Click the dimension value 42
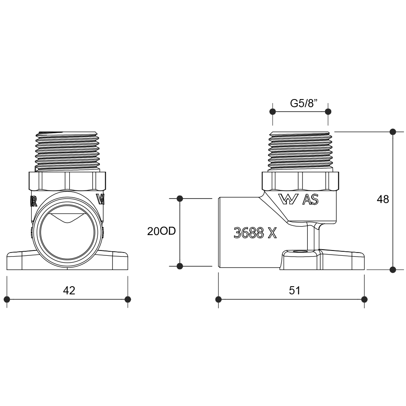coord(69,291)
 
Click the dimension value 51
coord(295,291)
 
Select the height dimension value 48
coord(383,199)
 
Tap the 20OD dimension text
coord(161,231)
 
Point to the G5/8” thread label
coord(304,103)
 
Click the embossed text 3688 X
coord(255,233)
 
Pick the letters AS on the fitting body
coord(311,200)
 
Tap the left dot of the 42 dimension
coord(7,299)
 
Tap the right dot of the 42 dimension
coord(127,299)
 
